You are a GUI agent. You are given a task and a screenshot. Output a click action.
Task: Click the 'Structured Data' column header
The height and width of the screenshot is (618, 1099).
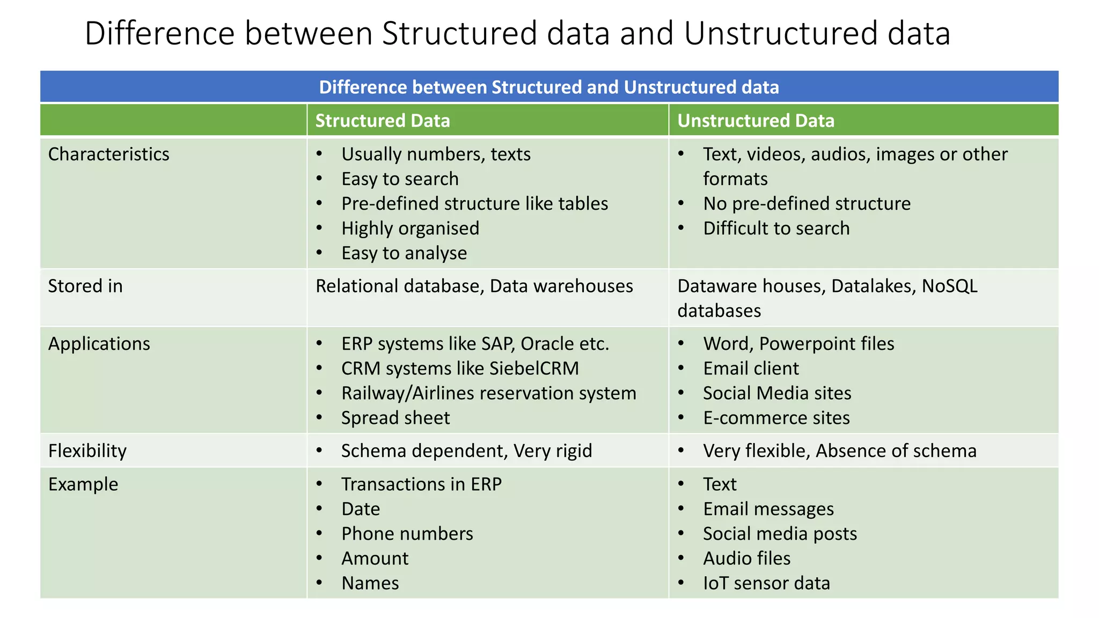pyautogui.click(x=382, y=121)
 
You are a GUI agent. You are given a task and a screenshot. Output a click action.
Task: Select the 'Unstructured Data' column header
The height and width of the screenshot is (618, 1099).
pyautogui.click(x=756, y=121)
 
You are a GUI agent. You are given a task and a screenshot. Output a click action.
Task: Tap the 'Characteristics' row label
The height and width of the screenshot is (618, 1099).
pyautogui.click(x=108, y=154)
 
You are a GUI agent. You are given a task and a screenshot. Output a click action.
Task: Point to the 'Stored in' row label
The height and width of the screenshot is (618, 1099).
pyautogui.click(x=85, y=286)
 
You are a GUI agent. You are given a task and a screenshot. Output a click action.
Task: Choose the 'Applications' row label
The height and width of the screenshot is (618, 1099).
pyautogui.click(x=99, y=344)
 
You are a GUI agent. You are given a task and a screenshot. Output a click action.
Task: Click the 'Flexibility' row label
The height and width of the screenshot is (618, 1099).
pyautogui.click(x=87, y=451)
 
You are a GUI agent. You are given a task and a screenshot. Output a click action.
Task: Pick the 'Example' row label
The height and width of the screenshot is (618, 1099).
pyautogui.click(x=83, y=484)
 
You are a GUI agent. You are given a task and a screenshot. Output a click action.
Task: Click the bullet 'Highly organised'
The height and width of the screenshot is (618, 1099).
pyautogui.click(x=410, y=229)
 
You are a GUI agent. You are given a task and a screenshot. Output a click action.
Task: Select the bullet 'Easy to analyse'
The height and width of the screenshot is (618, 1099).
pyautogui.click(x=404, y=253)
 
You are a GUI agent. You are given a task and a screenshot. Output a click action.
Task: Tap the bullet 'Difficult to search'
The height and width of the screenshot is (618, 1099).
pyautogui.click(x=776, y=229)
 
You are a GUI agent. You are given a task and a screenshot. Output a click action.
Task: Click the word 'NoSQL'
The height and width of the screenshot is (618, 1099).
pyautogui.click(x=949, y=286)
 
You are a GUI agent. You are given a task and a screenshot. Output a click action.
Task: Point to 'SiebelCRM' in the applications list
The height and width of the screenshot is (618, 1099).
pyautogui.click(x=534, y=369)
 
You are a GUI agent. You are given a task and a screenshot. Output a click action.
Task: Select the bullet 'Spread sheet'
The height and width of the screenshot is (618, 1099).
pyautogui.click(x=395, y=418)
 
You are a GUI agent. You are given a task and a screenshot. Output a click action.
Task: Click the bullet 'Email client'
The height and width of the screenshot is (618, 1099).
pyautogui.click(x=751, y=369)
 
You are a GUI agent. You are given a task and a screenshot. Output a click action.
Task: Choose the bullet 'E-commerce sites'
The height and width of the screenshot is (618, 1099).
pyautogui.click(x=776, y=418)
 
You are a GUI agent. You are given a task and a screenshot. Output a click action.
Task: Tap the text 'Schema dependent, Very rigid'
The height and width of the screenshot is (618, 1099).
pyautogui.click(x=466, y=451)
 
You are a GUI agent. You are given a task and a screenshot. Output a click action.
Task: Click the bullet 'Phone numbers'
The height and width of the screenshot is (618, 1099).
pyautogui.click(x=407, y=534)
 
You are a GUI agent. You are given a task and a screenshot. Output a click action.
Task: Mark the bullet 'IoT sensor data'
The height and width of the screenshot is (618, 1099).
pyautogui.click(x=766, y=583)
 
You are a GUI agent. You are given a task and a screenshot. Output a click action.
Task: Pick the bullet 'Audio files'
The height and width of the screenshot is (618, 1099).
pyautogui.click(x=746, y=558)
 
